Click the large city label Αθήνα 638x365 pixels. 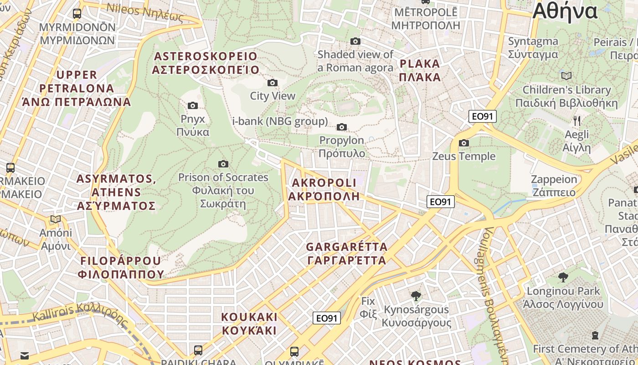click(x=565, y=11)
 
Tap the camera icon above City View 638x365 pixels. click(x=273, y=83)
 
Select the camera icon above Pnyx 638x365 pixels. click(x=193, y=105)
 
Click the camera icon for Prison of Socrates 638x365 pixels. click(x=223, y=164)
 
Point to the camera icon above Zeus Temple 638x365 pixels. click(x=464, y=143)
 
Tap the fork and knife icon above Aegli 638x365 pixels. click(x=577, y=121)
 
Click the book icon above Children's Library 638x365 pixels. click(x=566, y=76)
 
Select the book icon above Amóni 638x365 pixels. click(x=56, y=219)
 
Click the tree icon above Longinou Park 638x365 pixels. click(x=563, y=277)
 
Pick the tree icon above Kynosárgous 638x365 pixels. click(x=416, y=296)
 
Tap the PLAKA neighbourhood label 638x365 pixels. click(x=420, y=70)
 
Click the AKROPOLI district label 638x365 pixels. click(x=324, y=189)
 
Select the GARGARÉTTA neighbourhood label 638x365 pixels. click(x=346, y=254)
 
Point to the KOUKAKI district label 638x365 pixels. click(x=249, y=323)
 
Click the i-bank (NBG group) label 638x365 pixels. click(x=280, y=121)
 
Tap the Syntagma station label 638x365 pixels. click(x=533, y=47)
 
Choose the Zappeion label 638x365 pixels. click(x=554, y=185)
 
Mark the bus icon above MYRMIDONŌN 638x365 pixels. click(x=77, y=14)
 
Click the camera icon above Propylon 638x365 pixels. click(x=342, y=127)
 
